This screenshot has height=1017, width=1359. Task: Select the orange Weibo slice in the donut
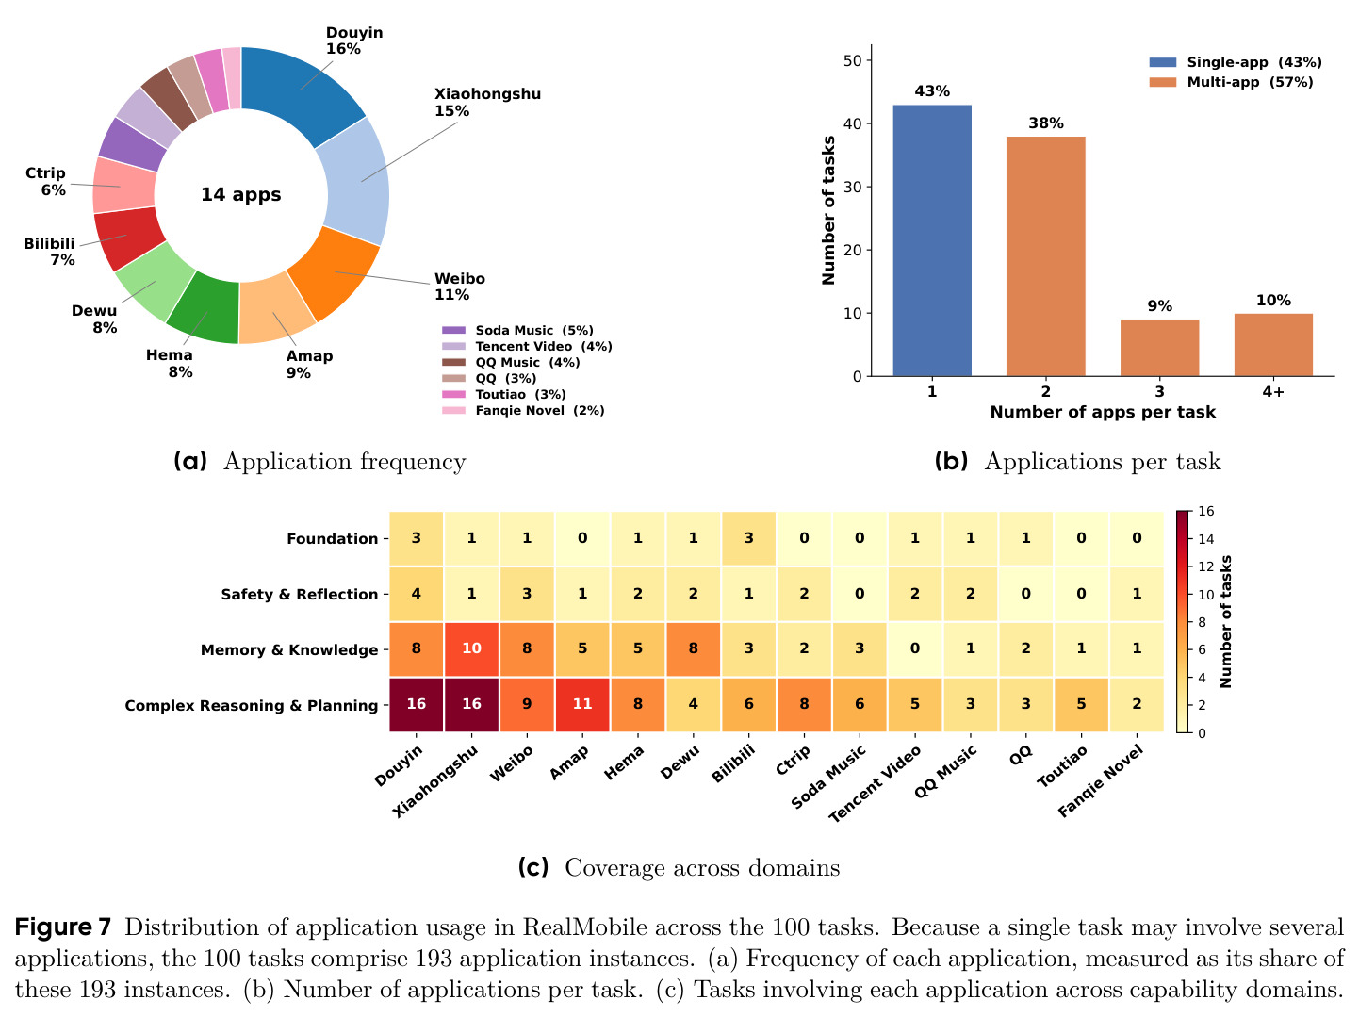point(335,272)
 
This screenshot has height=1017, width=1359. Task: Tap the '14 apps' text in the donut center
point(241,194)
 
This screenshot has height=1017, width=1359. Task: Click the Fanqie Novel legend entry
point(523,410)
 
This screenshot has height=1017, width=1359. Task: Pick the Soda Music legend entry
point(517,330)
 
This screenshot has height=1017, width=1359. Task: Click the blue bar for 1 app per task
point(932,240)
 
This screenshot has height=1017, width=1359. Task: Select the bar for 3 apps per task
point(1159,348)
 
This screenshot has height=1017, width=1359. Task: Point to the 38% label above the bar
point(1046,123)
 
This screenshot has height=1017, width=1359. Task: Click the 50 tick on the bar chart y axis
point(853,60)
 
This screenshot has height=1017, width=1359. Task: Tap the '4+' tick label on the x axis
point(1273,392)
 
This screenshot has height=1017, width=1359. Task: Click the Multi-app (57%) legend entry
point(1231,82)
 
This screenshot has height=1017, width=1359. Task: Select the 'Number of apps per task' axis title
point(1103,412)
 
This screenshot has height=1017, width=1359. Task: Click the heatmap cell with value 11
point(582,704)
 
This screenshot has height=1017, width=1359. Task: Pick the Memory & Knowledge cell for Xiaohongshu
point(471,648)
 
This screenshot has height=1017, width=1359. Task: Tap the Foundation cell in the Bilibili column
point(748,538)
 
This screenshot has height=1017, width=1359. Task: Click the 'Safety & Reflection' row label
point(299,594)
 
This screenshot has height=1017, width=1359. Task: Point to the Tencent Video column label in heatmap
point(876,784)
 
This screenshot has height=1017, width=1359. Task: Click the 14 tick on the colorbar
point(1206,539)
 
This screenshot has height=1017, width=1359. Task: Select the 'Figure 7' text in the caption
point(62,927)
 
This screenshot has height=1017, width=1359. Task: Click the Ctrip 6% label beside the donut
point(45,181)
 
